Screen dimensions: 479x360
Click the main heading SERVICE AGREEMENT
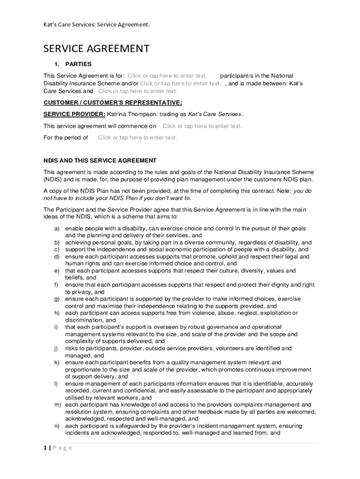click(96, 49)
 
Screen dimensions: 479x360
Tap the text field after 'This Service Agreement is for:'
click(167, 76)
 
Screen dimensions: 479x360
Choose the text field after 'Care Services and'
click(137, 91)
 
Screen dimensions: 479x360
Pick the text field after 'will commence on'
click(202, 126)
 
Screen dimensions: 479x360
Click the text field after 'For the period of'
click(137, 138)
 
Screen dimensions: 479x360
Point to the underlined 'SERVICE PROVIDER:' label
click(74, 114)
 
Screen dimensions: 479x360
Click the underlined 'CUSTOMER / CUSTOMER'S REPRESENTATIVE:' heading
click(113, 102)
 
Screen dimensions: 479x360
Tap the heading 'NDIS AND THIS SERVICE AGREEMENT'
click(100, 160)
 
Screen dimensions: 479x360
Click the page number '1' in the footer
click(45, 448)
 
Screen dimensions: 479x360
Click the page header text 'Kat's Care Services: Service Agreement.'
click(97, 25)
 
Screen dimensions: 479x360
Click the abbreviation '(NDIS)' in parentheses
click(52, 179)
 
